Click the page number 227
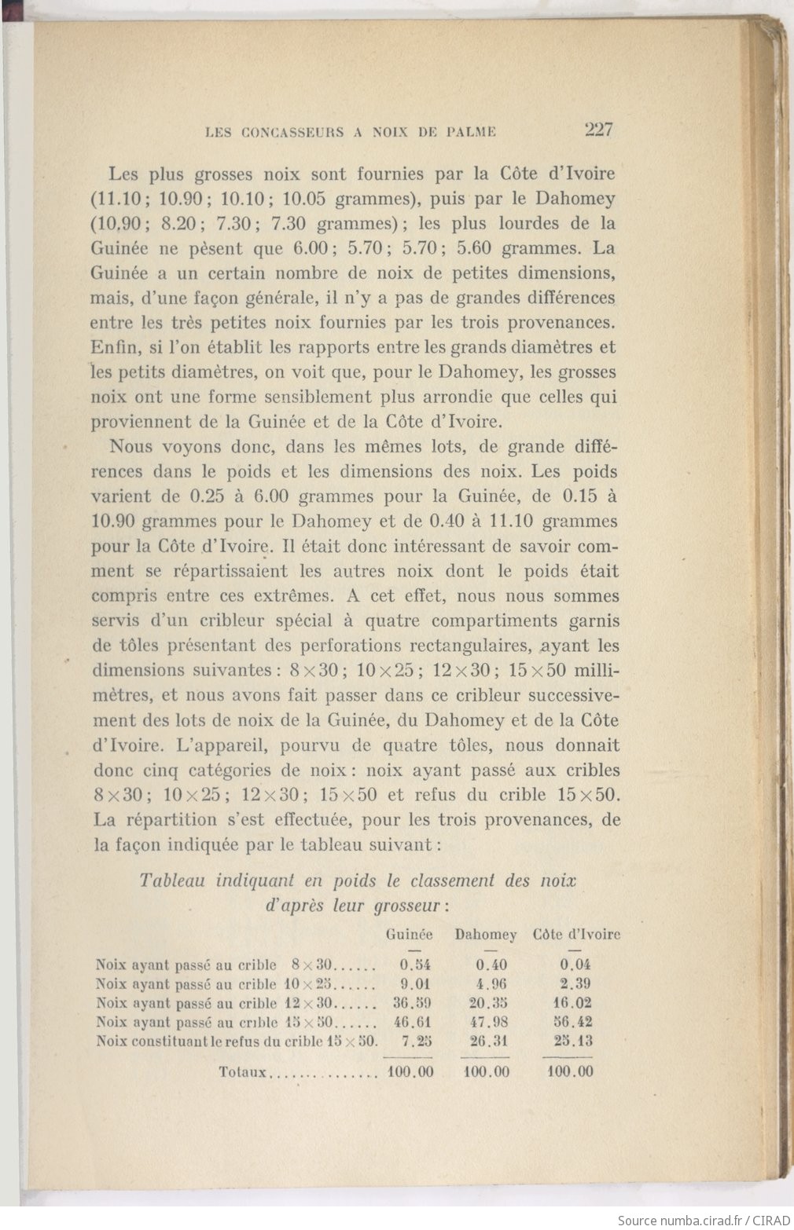[598, 130]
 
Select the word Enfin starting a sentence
[112, 347]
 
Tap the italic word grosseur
[406, 906]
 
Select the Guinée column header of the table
[409, 935]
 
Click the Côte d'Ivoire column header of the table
[576, 935]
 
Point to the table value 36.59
[412, 1003]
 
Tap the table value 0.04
[575, 965]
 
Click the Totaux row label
[244, 1071]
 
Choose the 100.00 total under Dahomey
[487, 1071]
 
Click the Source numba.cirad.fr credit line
[704, 1220]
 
